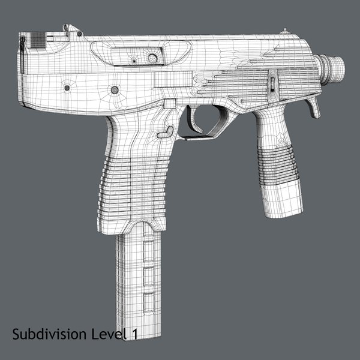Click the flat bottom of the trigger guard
tap(201, 137)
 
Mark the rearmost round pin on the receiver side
tap(66, 88)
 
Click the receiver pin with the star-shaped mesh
tap(113, 90)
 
